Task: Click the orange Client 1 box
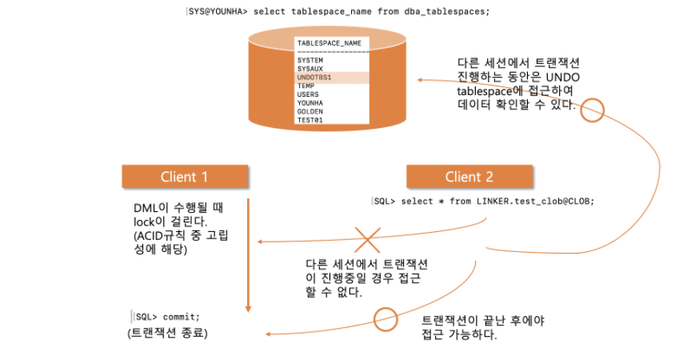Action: (x=184, y=177)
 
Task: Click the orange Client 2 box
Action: (x=469, y=177)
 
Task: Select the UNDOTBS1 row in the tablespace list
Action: (x=314, y=78)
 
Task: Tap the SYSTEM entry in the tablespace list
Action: (x=310, y=60)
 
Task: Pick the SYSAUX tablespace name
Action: (x=310, y=69)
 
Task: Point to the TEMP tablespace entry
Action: (x=306, y=86)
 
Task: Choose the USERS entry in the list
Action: (x=308, y=94)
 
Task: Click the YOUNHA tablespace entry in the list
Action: (x=310, y=103)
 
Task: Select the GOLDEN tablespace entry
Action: (x=310, y=111)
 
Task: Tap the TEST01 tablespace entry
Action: (x=310, y=120)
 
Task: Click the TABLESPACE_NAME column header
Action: (x=329, y=43)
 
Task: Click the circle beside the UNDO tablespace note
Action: (x=592, y=110)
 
